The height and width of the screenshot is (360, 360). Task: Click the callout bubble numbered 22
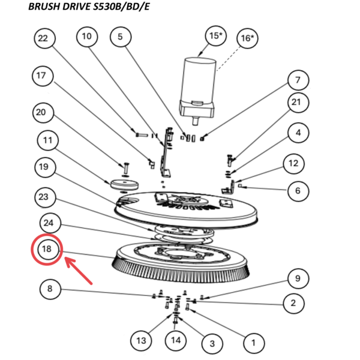pyautogui.click(x=43, y=38)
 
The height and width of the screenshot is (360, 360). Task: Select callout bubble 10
pyautogui.click(x=87, y=37)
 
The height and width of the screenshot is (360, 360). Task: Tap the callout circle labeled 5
pyautogui.click(x=120, y=37)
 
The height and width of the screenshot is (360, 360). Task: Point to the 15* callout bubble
pyautogui.click(x=215, y=36)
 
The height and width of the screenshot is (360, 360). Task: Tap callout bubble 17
pyautogui.click(x=41, y=76)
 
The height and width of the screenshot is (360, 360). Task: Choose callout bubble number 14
pyautogui.click(x=176, y=340)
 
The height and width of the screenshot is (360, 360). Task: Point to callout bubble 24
pyautogui.click(x=51, y=224)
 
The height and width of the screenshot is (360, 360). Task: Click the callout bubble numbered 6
pyautogui.click(x=297, y=191)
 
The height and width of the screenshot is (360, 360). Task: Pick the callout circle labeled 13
pyautogui.click(x=140, y=340)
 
